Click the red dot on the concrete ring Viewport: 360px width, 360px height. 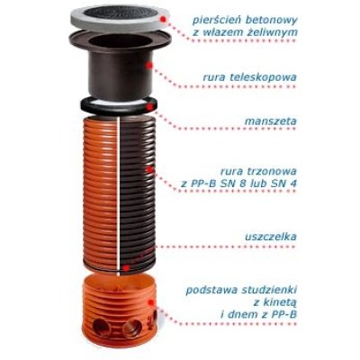[163, 19]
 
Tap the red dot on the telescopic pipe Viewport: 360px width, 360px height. [149, 65]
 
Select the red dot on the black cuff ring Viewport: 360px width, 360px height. [150, 106]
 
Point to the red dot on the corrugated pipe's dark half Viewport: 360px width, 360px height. [149, 170]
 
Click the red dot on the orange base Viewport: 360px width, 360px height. [152, 302]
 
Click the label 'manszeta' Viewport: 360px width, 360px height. [271, 121]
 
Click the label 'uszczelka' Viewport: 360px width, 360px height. [270, 236]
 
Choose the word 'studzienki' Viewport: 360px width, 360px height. [267, 291]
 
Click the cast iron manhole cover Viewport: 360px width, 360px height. [119, 13]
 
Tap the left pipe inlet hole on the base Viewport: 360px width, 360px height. [101, 327]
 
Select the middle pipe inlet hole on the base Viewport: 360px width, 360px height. [132, 328]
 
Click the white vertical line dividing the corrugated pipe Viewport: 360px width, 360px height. [120, 195]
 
